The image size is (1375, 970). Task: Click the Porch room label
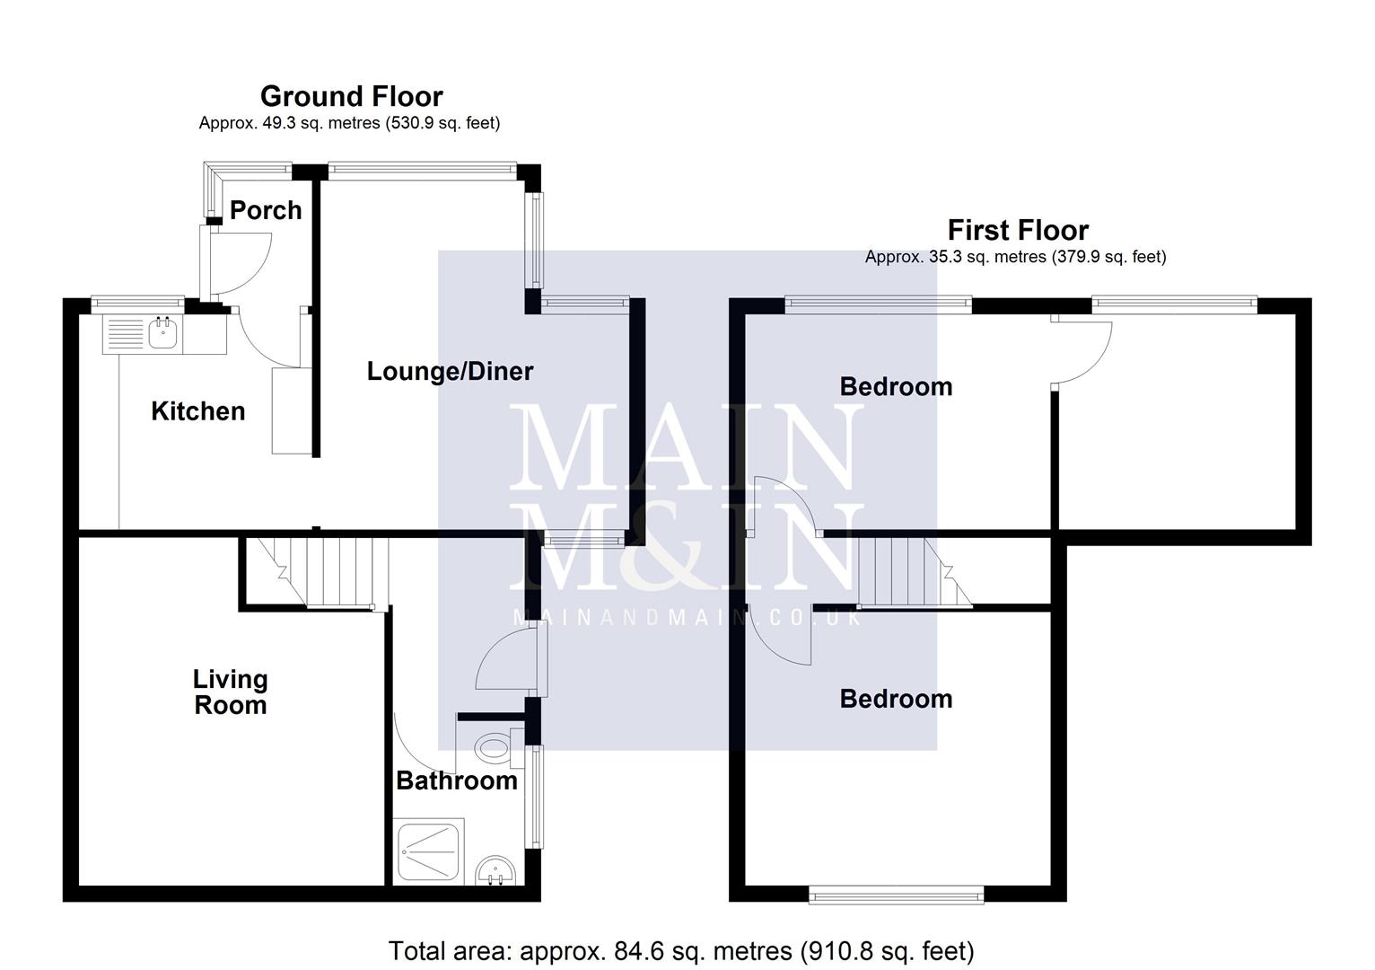[x=266, y=210]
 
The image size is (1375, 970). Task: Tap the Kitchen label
[x=197, y=411]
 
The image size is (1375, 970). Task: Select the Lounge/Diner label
[x=450, y=371]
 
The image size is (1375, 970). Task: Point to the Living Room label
[x=231, y=692]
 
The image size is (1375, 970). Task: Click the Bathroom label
[x=457, y=780]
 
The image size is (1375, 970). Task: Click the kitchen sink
[x=163, y=334]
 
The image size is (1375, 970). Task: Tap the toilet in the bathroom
[x=495, y=746]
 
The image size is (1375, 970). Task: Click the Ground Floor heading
[x=351, y=96]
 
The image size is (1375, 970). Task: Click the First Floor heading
[x=1018, y=230]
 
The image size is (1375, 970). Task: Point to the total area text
[x=680, y=950]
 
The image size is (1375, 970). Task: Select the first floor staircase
[x=906, y=571]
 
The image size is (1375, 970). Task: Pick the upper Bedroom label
[x=896, y=387]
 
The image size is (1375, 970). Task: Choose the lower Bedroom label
[x=896, y=699]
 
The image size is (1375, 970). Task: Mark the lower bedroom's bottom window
[x=896, y=895]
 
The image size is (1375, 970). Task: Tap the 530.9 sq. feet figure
[x=442, y=123]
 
